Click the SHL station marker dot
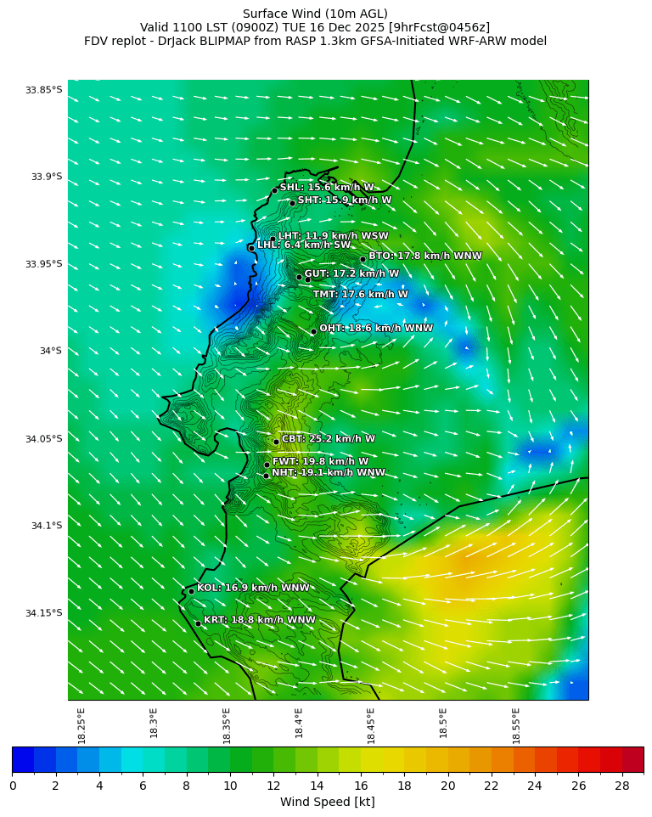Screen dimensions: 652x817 [x=274, y=190]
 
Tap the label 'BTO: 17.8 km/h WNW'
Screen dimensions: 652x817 [x=424, y=256]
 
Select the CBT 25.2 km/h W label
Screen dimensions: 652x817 [x=328, y=439]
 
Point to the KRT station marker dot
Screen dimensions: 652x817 [x=198, y=623]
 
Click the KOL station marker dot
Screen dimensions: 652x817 [x=191, y=591]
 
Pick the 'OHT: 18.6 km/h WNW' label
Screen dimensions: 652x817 [x=376, y=328]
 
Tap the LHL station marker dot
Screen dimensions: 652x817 [x=251, y=248]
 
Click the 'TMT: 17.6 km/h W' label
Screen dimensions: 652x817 [x=360, y=295]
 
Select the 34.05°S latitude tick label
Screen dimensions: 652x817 [x=43, y=439]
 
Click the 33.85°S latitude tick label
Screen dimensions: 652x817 [x=43, y=90]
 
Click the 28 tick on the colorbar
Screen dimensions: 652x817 [x=622, y=786]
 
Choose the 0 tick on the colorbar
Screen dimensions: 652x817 [x=13, y=786]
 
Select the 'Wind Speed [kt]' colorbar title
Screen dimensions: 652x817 [x=327, y=802]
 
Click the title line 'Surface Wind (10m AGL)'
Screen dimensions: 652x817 [x=315, y=14]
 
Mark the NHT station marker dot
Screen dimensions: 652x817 [x=266, y=476]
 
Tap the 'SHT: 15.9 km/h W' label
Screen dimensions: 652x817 [x=344, y=200]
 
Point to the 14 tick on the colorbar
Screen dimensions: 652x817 [x=318, y=786]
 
